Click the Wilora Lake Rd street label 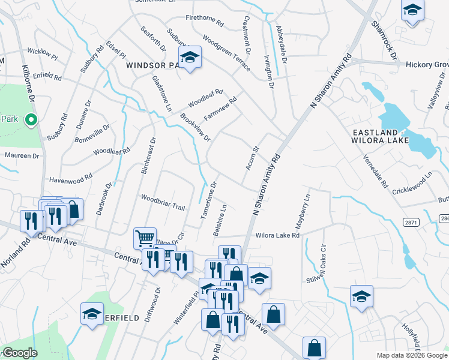pos(277,236)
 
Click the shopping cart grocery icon pos(145,238)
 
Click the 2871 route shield pos(411,222)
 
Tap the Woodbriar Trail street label pos(162,202)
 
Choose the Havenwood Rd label pos(71,178)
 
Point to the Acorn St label pos(250,158)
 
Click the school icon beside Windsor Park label pos(190,58)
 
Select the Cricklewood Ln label pos(412,182)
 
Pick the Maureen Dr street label pos(22,155)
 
